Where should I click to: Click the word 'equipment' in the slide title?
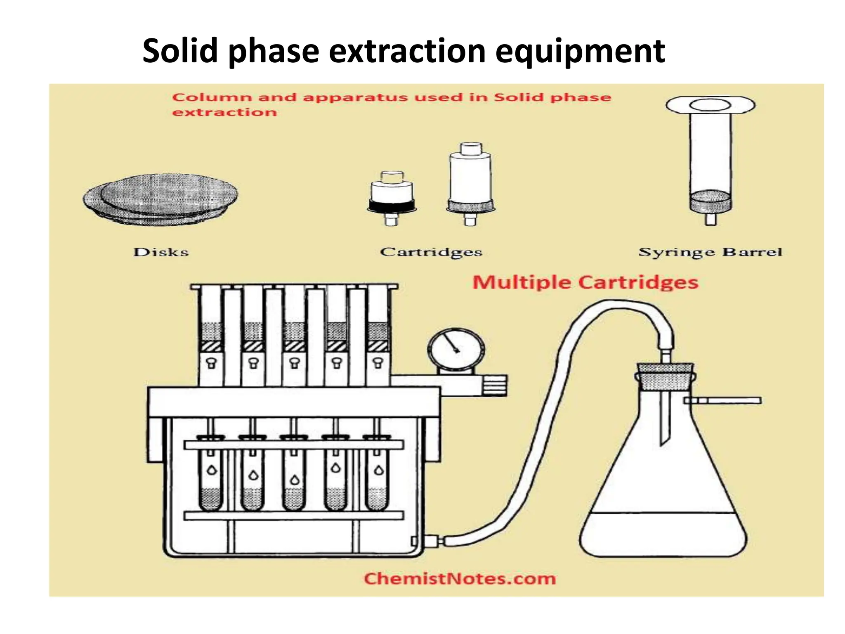pos(580,52)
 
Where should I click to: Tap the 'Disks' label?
pos(161,252)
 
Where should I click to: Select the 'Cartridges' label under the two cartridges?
pos(431,252)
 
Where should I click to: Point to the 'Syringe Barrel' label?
pos(710,252)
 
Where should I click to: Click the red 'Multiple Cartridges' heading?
pos(585,283)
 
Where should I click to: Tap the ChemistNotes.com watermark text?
pos(460,579)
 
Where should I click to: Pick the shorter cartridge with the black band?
pos(391,198)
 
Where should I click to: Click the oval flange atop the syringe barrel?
pos(710,105)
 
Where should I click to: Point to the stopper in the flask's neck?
pos(665,376)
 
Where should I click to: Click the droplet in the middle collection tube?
pos(295,480)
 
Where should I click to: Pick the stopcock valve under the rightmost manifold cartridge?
pos(378,363)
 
